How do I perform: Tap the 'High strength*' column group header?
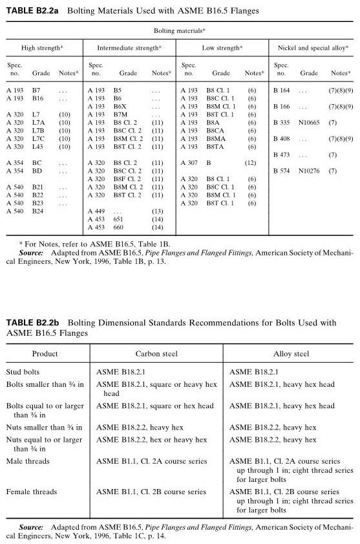[x=44, y=48]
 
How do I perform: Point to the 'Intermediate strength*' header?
[x=129, y=48]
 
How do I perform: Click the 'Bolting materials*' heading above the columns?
[x=180, y=30]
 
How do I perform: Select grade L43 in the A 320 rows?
[x=37, y=147]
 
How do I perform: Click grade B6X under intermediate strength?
[x=120, y=106]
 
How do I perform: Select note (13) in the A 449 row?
[x=157, y=212]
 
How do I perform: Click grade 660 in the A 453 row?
[x=118, y=228]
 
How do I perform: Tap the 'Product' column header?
[x=45, y=354]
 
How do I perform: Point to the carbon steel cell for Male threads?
[x=151, y=461]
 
